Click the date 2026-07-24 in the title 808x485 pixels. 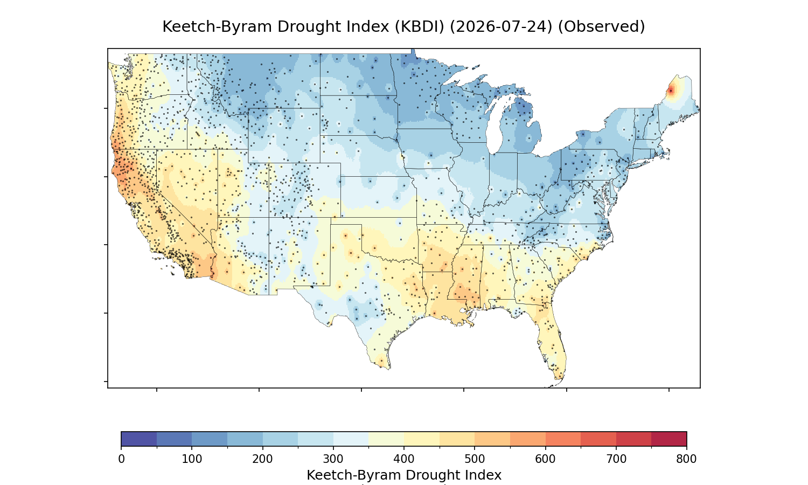pos(501,27)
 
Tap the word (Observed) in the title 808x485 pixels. pos(601,27)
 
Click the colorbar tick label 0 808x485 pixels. pos(121,459)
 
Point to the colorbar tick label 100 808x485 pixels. pos(192,459)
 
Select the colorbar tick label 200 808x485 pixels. pos(263,459)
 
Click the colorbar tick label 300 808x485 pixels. pos(333,459)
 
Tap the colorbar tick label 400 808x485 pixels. pos(404,459)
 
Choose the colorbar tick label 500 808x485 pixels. pos(475,459)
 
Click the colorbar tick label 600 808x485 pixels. pos(545,459)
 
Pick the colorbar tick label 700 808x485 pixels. pos(616,459)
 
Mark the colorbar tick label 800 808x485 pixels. pos(686,459)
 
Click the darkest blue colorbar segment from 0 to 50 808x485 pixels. pos(139,439)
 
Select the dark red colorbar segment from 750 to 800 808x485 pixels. pos(669,439)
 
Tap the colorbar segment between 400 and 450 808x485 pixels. pos(422,439)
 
